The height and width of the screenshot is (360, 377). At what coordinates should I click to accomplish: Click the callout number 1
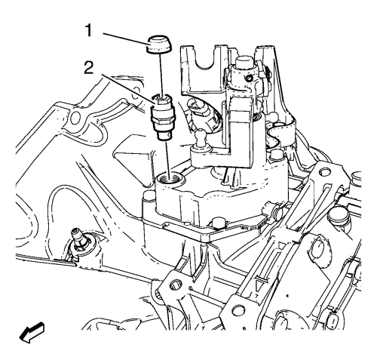(x=88, y=30)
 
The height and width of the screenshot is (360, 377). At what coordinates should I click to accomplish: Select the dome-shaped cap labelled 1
(x=159, y=45)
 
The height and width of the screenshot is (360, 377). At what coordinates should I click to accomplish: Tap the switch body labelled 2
(x=162, y=116)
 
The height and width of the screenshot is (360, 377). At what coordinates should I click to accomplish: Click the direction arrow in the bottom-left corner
(x=32, y=331)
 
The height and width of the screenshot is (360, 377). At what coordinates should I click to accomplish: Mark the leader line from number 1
(x=126, y=39)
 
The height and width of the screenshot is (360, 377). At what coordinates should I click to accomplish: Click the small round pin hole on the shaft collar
(x=250, y=78)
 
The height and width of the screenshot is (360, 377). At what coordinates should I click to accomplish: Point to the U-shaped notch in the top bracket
(x=207, y=63)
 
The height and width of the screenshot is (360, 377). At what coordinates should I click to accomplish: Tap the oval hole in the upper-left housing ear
(x=75, y=117)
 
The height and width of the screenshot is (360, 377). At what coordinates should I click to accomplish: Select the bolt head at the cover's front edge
(x=218, y=223)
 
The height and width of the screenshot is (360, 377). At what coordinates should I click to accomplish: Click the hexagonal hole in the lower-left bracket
(x=176, y=285)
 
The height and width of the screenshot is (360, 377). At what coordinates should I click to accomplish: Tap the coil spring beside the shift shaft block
(x=256, y=116)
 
